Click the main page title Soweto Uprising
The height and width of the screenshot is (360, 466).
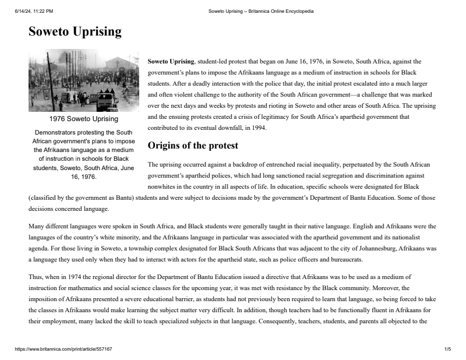75,31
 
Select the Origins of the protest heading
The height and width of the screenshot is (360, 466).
193,145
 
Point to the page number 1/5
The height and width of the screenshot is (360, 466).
447,349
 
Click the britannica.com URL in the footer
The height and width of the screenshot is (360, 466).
63,349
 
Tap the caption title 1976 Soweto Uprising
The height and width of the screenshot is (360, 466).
84,119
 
